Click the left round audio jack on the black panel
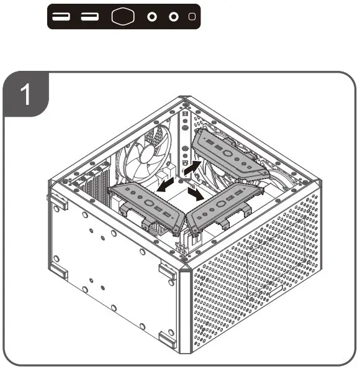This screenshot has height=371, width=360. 151,17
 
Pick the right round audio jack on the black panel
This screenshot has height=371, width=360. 174,17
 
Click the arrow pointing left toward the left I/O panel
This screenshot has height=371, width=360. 164,185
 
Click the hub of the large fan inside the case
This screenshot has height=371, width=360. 145,149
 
